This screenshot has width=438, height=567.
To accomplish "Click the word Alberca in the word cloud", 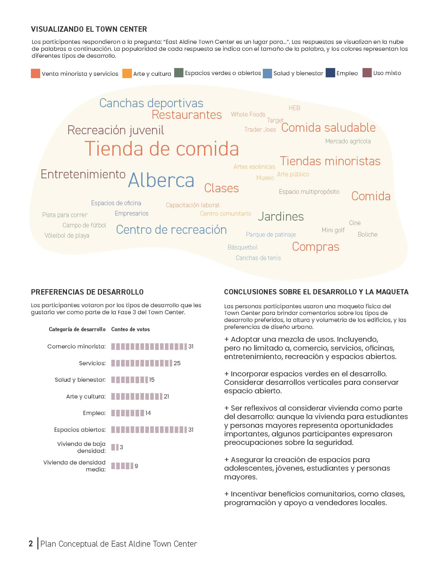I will coord(161,180).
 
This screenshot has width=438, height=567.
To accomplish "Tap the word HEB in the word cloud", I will coord(294,108).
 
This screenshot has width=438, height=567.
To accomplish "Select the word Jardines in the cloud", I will coord(281,216).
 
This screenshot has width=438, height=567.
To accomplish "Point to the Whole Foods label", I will coord(248,114).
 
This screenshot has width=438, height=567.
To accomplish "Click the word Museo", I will coord(265,178).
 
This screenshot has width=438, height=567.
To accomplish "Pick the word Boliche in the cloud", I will coord(367,235).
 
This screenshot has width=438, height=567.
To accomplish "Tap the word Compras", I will coord(316,247).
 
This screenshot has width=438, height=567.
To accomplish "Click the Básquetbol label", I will coord(243,247).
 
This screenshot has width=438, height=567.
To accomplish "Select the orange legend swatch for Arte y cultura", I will coord(127,73).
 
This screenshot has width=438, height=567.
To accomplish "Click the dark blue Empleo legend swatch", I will coord(330,73).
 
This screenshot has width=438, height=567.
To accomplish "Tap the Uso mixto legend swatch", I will coord(367,73).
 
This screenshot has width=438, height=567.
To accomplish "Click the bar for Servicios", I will coord(141,363).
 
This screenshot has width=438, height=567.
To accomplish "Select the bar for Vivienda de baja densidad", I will coord(115,447).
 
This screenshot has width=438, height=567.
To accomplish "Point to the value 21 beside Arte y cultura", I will coord(166,396).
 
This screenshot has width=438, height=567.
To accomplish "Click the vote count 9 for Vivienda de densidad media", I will coord(136,466).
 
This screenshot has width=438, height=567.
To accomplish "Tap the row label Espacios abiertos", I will coord(80,430).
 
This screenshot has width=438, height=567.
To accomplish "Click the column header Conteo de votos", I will coord(131,329).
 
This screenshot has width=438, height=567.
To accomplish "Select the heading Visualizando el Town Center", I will coord(89,29).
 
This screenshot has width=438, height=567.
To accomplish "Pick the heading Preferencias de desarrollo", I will coord(87,292).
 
